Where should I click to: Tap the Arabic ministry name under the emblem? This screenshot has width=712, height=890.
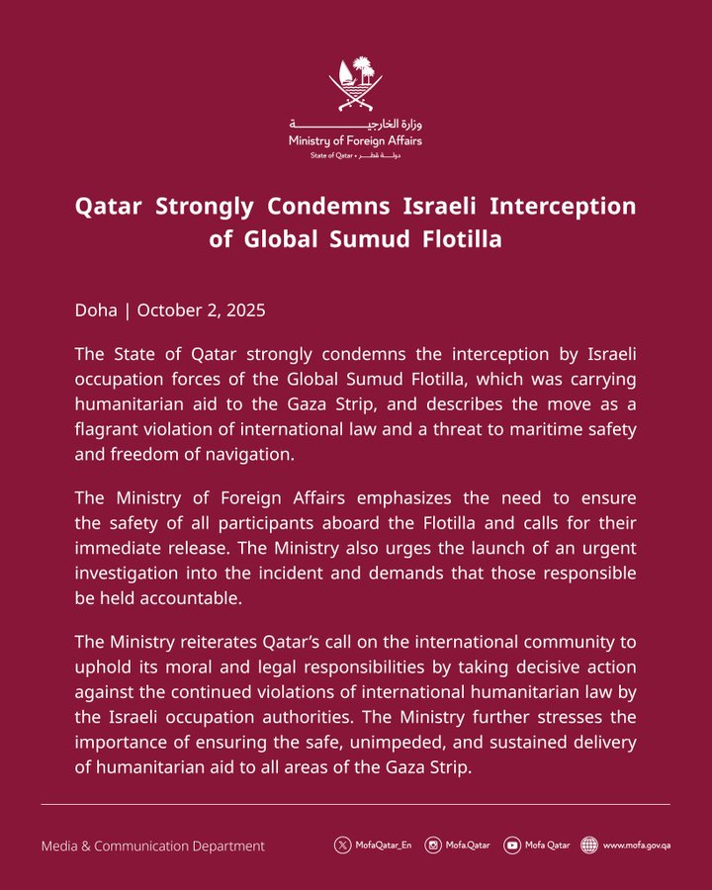355,126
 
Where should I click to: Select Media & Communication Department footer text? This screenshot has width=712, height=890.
152,845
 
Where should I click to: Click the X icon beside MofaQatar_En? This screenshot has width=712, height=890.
342,845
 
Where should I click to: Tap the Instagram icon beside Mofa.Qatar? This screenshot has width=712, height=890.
432,845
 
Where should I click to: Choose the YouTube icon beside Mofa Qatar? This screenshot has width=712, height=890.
511,845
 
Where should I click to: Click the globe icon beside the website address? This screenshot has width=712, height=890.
589,845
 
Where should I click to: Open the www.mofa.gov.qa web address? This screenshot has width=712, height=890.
637,845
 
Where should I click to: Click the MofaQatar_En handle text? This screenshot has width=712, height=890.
384,845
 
